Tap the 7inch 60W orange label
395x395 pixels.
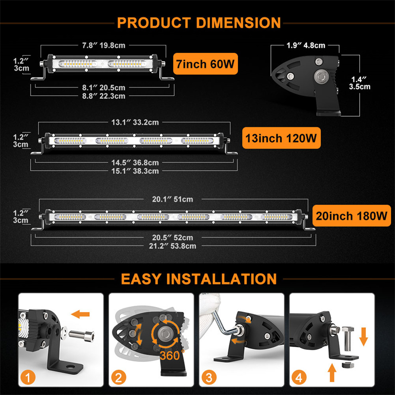pos(204,63)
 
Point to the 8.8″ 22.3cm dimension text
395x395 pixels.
pos(103,96)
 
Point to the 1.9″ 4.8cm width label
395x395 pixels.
pos(306,46)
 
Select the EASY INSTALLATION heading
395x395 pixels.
pos(198,278)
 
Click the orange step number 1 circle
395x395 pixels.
pos(28,379)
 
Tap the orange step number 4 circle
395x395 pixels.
pos(298,379)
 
